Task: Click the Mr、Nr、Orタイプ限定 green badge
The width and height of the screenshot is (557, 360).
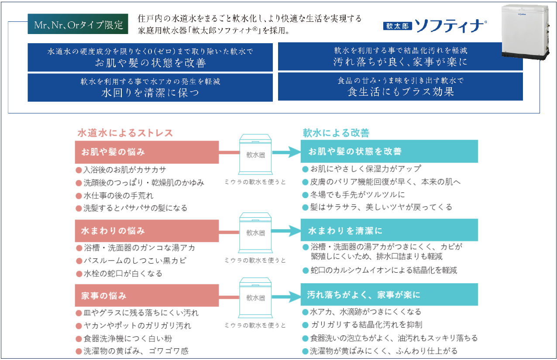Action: click(x=78, y=25)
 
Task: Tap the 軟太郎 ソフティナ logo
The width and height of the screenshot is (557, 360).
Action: click(x=434, y=25)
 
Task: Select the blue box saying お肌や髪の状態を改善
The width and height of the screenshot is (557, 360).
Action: click(x=150, y=57)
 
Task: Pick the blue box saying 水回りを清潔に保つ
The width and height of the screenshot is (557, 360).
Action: click(x=150, y=87)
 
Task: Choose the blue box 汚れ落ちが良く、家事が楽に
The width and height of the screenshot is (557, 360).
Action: click(x=400, y=56)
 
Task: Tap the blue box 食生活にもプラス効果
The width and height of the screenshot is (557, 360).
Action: click(x=400, y=86)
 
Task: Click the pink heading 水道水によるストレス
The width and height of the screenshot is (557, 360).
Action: click(x=125, y=133)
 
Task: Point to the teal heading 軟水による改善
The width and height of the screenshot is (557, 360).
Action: click(x=336, y=133)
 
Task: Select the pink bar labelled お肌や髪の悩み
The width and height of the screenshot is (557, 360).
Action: click(x=147, y=152)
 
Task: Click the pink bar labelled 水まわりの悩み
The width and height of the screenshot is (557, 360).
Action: click(x=147, y=230)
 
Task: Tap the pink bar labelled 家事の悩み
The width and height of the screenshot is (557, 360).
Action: click(x=147, y=296)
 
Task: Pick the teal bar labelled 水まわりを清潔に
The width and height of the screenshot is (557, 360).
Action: click(x=389, y=230)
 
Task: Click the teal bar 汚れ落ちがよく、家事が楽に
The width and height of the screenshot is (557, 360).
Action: click(x=389, y=295)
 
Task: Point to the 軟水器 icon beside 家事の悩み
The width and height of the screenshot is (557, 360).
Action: click(x=256, y=298)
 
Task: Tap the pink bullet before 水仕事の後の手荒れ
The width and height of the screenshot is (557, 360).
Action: click(x=79, y=196)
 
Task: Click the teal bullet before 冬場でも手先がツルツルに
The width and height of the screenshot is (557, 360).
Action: click(x=306, y=195)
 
